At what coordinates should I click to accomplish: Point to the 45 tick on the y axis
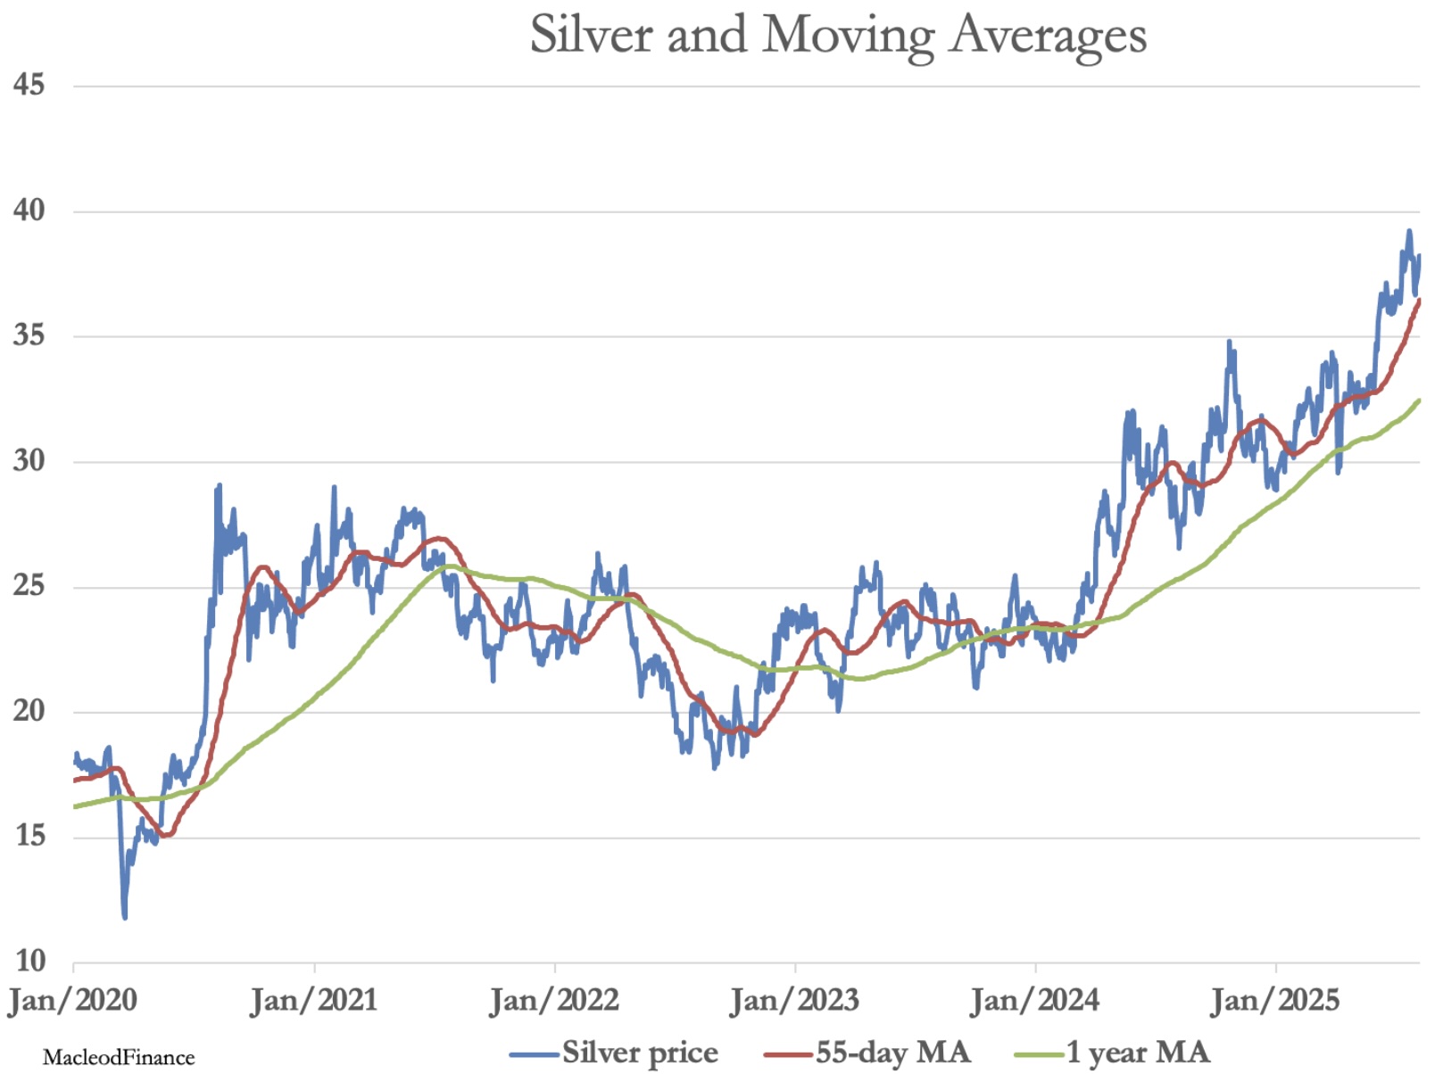coord(29,85)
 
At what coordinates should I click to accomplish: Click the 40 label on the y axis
coord(29,211)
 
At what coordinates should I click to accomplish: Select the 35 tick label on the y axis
coord(29,335)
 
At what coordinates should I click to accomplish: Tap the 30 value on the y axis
coord(29,461)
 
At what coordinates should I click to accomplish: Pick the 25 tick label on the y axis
coord(29,586)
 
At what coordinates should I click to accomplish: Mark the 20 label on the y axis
coord(29,711)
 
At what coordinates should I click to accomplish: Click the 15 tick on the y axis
coord(29,836)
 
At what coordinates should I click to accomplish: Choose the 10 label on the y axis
coord(29,961)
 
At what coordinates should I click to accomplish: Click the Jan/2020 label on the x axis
coord(73,1000)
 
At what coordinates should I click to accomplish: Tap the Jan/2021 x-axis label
coord(313,1000)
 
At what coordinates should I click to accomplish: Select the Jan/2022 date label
coord(554,1000)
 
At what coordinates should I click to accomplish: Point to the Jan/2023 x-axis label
coord(794,1000)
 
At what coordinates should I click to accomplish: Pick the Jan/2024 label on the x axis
coord(1035,1000)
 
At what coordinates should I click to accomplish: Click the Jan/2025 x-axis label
coord(1275,1000)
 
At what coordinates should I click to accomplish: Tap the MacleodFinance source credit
coord(119,1058)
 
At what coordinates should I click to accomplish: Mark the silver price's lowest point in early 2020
coord(124,916)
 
